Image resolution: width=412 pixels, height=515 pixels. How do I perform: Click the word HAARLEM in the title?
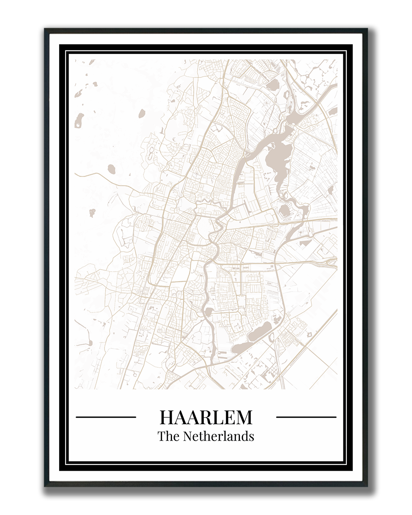point(206,417)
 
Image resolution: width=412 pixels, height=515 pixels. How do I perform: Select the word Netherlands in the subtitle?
point(219,436)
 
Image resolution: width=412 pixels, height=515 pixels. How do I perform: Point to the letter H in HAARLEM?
point(167,417)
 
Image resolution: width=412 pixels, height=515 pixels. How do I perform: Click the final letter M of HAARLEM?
point(244,417)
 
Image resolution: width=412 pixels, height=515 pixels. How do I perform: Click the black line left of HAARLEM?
point(106,417)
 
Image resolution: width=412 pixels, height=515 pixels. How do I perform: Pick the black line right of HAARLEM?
point(306,417)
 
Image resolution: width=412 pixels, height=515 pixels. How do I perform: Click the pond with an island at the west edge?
point(79,120)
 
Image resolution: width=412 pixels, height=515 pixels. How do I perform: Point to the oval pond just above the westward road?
point(112,168)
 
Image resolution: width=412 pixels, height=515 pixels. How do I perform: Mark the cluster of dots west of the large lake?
point(266,176)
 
